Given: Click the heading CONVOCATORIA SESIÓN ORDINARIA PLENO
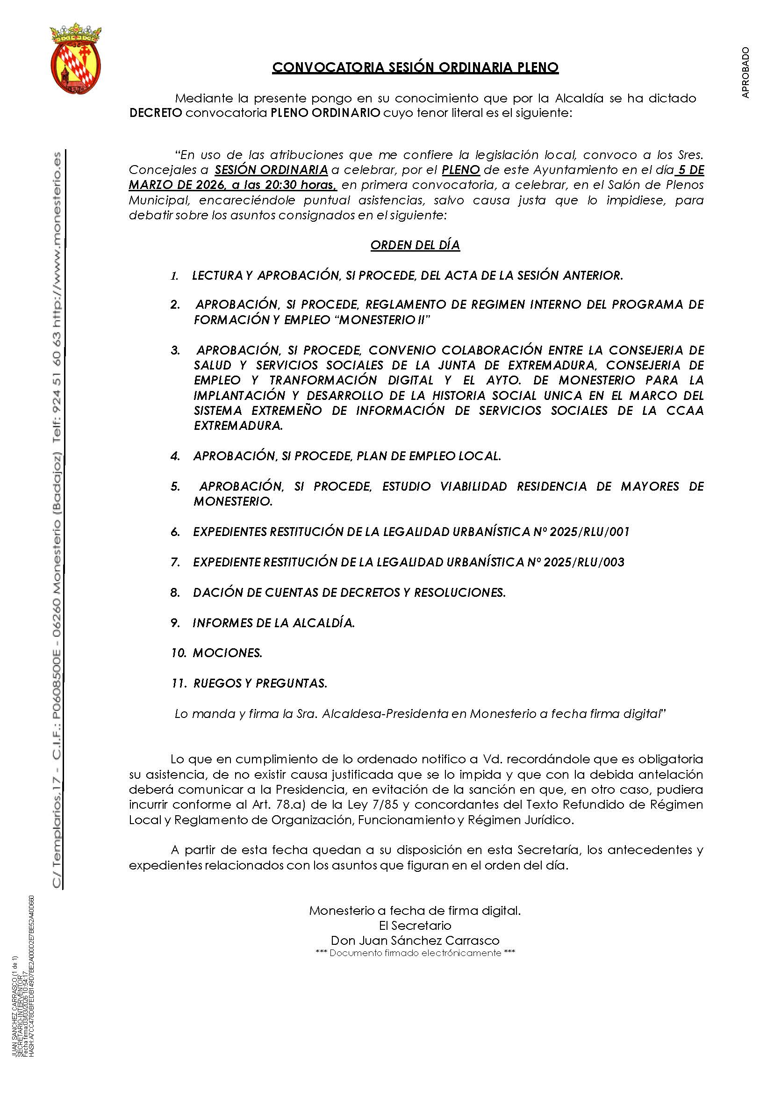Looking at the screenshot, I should tap(415, 68).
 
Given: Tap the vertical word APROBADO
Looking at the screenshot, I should tap(745, 72).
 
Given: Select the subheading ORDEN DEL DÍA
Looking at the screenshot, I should tap(415, 245).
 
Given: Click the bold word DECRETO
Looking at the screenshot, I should tap(155, 114).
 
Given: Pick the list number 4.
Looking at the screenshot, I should tap(175, 456).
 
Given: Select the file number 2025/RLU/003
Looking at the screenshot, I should tap(584, 562).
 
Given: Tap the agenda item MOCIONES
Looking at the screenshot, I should tap(227, 653).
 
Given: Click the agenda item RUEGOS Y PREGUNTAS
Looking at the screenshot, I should tap(260, 683).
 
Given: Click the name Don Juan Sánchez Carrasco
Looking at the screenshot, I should tap(415, 941).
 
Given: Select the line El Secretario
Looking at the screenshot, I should tap(415, 925).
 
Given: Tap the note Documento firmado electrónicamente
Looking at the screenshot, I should tap(415, 953).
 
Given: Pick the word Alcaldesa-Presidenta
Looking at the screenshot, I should tap(385, 714).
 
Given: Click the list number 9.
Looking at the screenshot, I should tap(175, 623).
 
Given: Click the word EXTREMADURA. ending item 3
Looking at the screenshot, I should tap(238, 426).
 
